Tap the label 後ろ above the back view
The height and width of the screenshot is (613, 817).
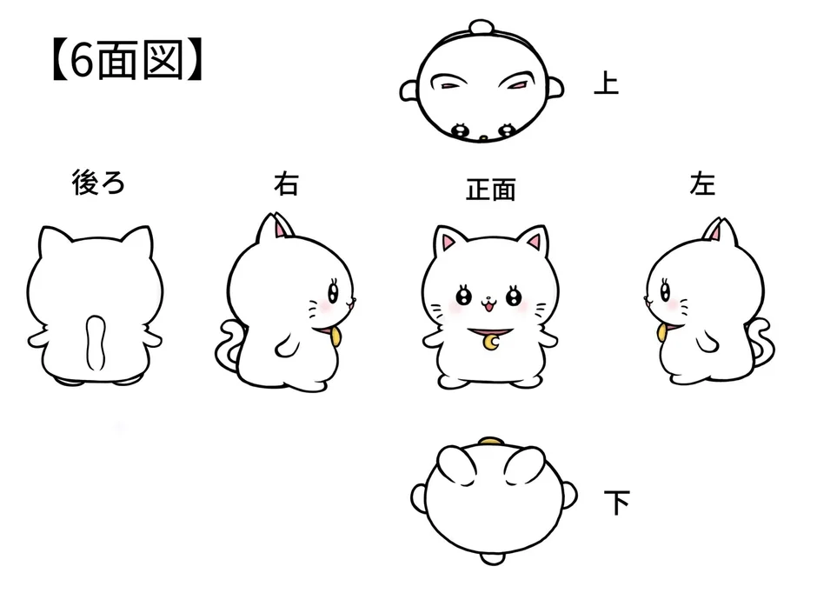coord(96,183)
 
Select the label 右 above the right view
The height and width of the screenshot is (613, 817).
coord(286,184)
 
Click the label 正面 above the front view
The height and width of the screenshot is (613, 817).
coord(491,190)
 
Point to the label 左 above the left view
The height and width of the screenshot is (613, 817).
coord(702,184)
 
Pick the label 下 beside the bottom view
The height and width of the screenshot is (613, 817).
coord(616,502)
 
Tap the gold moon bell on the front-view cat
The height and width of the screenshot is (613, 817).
coord(492,343)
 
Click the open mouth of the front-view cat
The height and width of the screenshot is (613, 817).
coord(488,305)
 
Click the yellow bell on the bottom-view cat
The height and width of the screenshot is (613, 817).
coord(491,443)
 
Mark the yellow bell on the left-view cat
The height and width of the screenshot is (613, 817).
coord(663,333)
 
